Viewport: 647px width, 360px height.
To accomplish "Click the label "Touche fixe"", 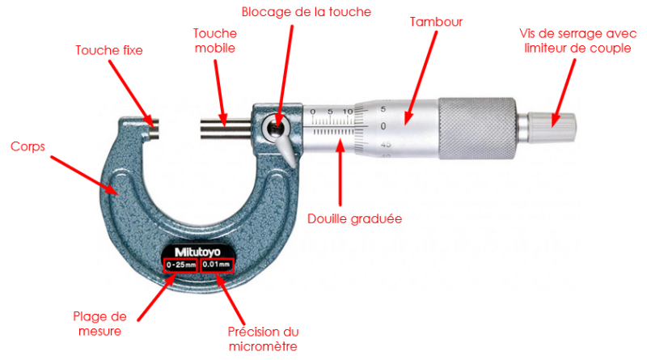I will click(109, 50).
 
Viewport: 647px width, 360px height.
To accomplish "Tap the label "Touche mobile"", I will click(214, 40).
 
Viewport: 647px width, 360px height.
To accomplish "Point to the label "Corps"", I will click(27, 147).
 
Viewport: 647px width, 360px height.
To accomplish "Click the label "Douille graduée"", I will click(354, 218).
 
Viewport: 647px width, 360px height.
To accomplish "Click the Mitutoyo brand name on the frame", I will click(199, 250).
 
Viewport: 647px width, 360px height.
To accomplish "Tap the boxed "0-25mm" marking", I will click(180, 265).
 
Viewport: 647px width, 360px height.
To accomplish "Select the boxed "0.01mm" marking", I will click(217, 265).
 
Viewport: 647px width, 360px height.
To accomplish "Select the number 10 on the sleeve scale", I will click(347, 111).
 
